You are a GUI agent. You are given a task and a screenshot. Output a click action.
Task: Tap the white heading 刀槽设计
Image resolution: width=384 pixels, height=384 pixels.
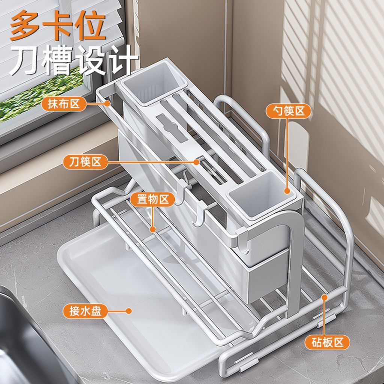[x=74, y=60]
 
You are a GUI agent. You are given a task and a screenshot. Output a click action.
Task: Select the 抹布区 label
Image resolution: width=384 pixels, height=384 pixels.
[x=64, y=104]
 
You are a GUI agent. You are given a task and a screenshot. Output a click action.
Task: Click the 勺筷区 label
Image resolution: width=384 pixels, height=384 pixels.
[x=288, y=111]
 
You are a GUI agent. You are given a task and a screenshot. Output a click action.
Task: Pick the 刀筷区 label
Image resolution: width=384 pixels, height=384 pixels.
[x=85, y=162]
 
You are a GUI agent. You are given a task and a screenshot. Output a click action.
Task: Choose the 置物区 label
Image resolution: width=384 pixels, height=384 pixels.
[x=153, y=199]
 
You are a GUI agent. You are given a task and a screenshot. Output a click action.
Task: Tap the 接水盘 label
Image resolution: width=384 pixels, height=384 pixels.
[x=85, y=311]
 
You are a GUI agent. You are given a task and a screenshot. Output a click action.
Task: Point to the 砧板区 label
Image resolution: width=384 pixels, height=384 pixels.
[x=327, y=342]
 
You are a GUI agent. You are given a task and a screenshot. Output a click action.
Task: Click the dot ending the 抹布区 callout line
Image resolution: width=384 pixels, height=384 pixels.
[x=107, y=103]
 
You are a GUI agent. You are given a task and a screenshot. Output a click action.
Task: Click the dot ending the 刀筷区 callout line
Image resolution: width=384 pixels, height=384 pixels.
[x=196, y=162]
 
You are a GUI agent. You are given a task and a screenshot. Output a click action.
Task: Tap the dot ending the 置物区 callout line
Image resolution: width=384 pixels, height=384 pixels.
[x=153, y=229]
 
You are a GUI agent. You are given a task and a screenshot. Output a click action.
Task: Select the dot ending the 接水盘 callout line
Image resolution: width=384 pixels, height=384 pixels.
[x=129, y=311]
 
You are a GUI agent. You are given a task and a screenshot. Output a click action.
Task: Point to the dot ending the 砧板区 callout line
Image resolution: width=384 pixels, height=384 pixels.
[x=324, y=297]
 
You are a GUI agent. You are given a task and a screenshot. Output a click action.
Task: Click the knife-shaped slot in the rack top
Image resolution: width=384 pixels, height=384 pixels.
[x=172, y=128]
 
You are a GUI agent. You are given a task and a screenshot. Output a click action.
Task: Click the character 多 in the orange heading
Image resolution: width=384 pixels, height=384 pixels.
[x=24, y=25]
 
